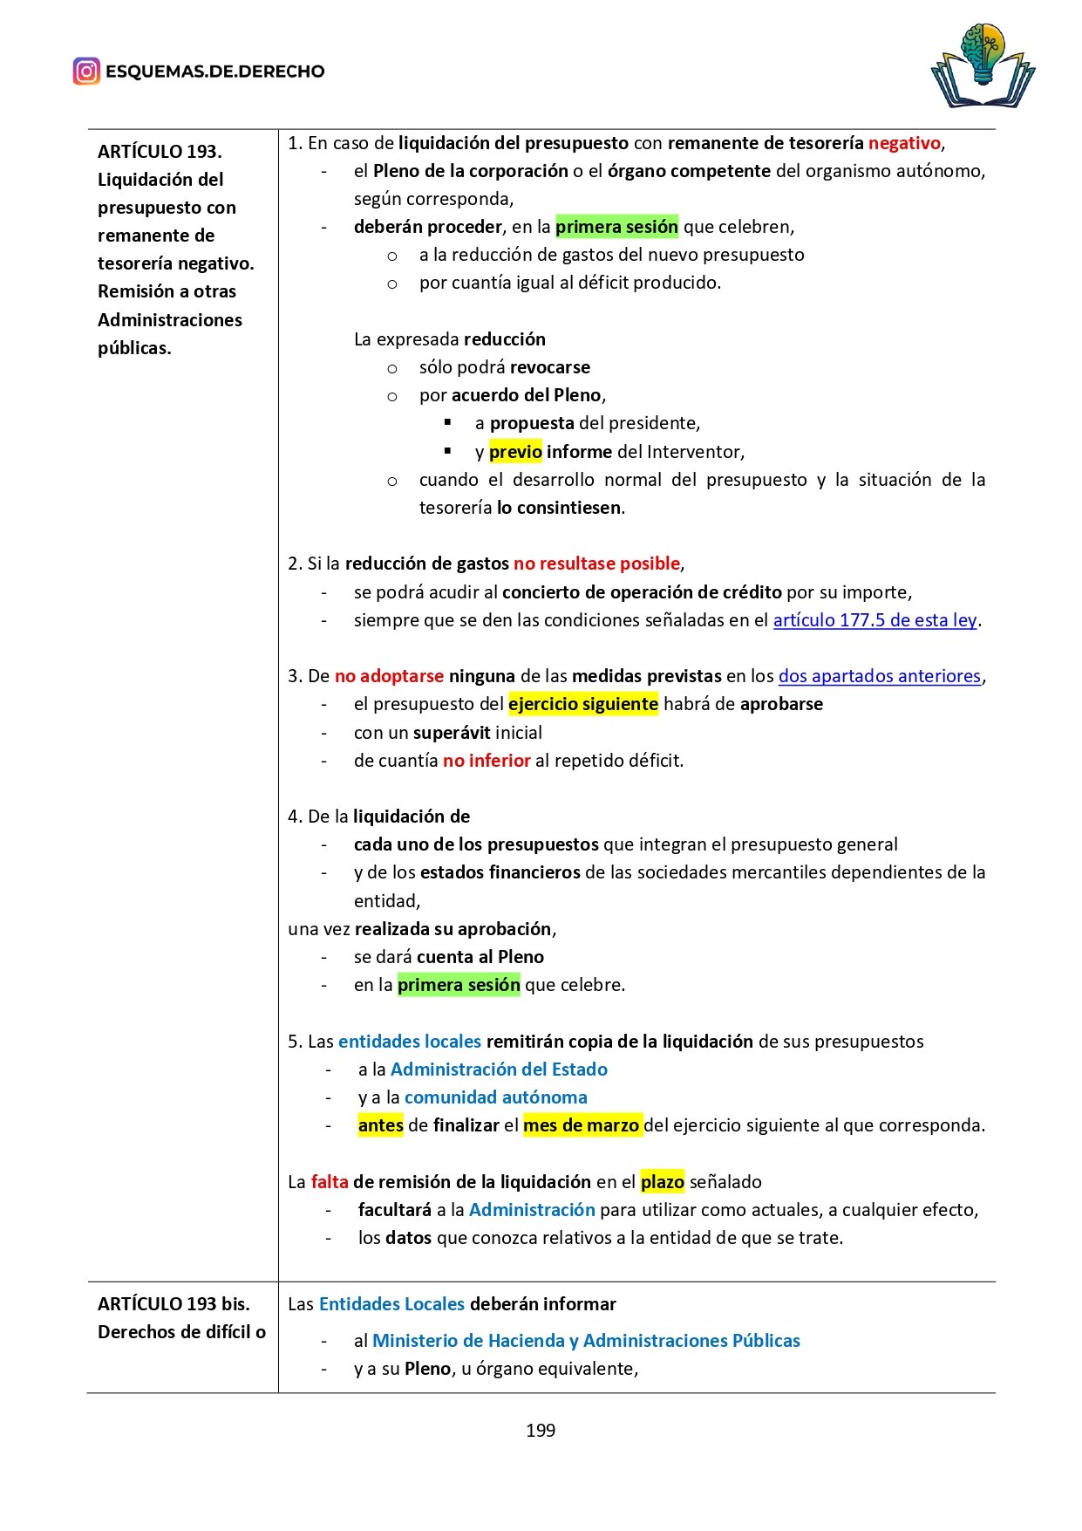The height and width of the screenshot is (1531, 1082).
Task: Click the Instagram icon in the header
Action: click(x=86, y=72)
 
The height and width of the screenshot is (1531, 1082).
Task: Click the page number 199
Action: click(x=541, y=1431)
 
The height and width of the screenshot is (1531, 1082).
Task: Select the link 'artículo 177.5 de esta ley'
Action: click(x=874, y=620)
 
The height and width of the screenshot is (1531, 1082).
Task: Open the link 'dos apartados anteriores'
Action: click(x=879, y=676)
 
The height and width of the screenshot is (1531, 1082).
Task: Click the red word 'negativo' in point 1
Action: click(x=904, y=143)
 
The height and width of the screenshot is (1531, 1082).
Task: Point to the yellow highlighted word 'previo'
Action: click(x=515, y=452)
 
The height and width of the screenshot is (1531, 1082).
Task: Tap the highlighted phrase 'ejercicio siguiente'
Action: click(x=583, y=704)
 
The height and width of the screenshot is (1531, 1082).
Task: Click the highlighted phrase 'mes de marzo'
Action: click(x=582, y=1125)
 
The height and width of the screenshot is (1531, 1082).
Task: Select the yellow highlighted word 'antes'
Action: click(x=381, y=1125)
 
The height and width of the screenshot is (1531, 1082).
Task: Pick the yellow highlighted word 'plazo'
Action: click(x=663, y=1182)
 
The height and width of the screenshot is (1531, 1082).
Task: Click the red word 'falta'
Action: click(x=330, y=1182)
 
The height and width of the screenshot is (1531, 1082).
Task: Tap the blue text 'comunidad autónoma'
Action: click(x=495, y=1097)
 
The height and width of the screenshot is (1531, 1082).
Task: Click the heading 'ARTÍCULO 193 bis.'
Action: click(x=174, y=1304)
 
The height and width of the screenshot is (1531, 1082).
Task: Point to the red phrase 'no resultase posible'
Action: click(x=597, y=564)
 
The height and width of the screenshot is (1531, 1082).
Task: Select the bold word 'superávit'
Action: click(x=452, y=733)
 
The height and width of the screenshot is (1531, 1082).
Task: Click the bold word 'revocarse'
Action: click(x=550, y=367)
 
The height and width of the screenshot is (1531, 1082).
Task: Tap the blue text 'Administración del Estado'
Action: click(x=499, y=1070)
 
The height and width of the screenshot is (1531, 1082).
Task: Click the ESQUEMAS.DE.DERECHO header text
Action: click(x=214, y=72)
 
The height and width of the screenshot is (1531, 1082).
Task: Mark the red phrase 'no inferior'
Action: click(x=487, y=761)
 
